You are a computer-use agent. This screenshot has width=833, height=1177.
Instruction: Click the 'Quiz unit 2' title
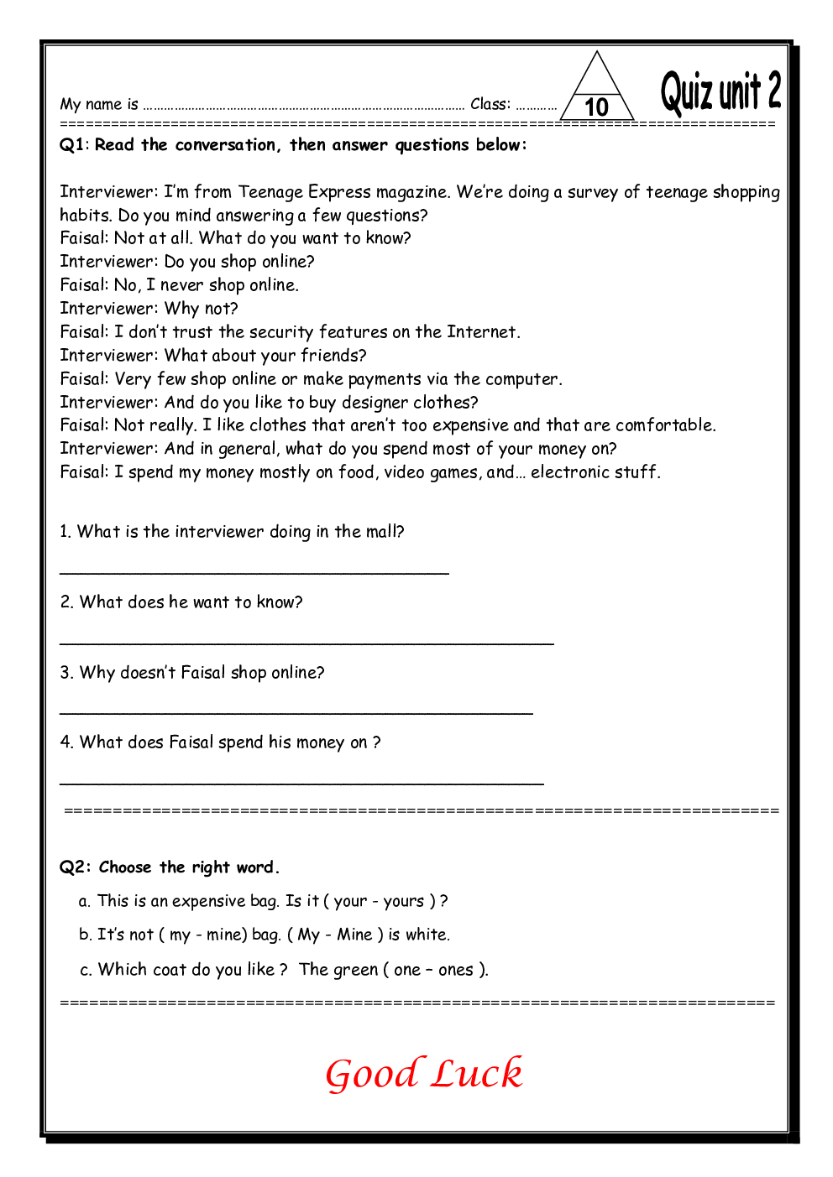tap(720, 92)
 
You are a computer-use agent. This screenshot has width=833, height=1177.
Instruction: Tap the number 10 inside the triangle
tap(596, 107)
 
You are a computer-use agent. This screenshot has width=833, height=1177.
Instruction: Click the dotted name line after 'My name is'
tap(303, 107)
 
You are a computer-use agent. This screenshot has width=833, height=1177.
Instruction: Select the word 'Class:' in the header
tap(490, 104)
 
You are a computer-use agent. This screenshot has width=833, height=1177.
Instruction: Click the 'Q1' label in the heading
tap(72, 145)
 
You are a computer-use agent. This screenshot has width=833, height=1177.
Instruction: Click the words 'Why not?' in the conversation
tap(202, 309)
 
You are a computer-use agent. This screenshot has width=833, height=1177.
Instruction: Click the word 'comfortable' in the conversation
tap(664, 425)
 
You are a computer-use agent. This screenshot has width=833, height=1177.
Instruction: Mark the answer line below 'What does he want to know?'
tap(306, 643)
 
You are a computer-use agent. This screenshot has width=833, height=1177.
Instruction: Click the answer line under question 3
tap(296, 714)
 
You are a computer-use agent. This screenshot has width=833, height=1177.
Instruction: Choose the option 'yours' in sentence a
tap(404, 902)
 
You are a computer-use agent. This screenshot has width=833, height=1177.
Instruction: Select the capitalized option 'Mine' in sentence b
tap(354, 935)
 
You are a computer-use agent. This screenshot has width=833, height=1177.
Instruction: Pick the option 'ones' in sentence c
tap(456, 971)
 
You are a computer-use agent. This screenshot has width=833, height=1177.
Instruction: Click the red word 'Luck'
tap(477, 1074)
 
